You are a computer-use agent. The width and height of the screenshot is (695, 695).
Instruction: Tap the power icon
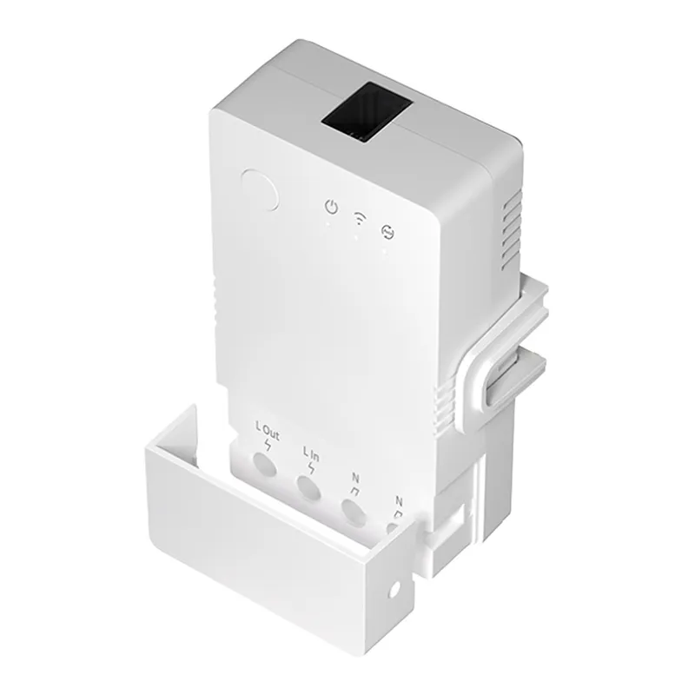point(330,207)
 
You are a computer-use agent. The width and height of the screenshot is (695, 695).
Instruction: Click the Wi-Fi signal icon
point(358,218)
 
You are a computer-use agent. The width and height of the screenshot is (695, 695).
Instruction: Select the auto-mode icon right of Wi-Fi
point(387,229)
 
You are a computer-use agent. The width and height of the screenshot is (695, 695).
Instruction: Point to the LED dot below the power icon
point(328,224)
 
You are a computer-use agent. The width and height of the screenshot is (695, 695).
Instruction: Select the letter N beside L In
point(355,476)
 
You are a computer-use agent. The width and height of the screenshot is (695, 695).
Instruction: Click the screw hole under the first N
point(353,514)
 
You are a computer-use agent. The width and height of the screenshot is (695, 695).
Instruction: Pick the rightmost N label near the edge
point(399,501)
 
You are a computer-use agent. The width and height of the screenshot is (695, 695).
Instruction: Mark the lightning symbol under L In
point(311,469)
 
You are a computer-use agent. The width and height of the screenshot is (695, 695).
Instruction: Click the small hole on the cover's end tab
point(395,589)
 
